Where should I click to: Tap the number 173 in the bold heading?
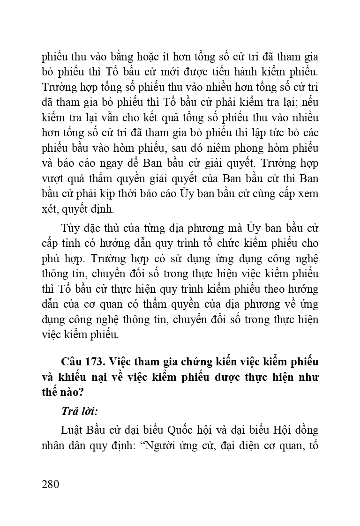coord(97,362)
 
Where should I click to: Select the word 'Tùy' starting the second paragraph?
coord(70,228)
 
